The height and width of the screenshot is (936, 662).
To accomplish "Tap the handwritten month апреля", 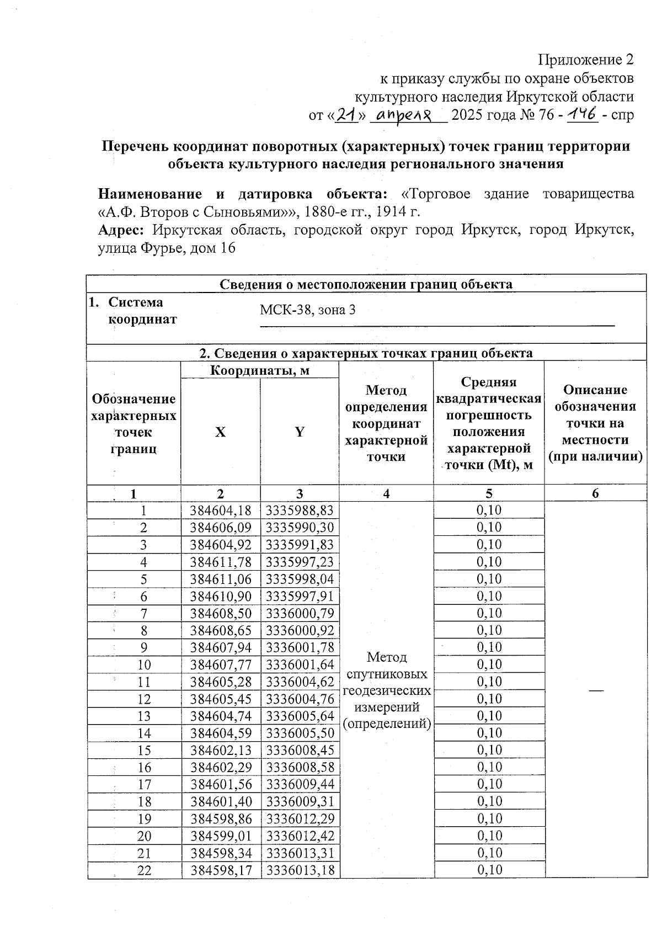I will [x=408, y=115].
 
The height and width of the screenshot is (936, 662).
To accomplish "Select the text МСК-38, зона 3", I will [x=307, y=310].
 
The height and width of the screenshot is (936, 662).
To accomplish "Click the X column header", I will [x=220, y=432].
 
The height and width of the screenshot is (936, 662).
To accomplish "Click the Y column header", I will [x=299, y=432].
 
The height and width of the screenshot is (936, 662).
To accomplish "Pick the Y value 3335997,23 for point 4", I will [x=300, y=562].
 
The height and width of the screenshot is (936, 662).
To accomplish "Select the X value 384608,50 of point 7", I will [x=221, y=613].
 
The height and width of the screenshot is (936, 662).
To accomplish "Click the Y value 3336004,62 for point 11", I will [x=300, y=682].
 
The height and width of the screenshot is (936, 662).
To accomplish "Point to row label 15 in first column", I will [x=144, y=751].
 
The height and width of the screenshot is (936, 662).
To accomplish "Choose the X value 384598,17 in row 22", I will [x=221, y=870].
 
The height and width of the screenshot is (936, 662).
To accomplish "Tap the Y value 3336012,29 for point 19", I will [x=300, y=819].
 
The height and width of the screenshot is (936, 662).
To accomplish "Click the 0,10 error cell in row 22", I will [x=489, y=870].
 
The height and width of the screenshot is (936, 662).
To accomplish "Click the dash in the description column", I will [x=595, y=690].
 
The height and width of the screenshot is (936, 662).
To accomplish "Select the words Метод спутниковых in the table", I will [x=386, y=666].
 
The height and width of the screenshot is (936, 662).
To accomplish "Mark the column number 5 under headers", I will [x=489, y=493].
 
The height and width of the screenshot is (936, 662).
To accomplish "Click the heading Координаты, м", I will [x=260, y=370].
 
